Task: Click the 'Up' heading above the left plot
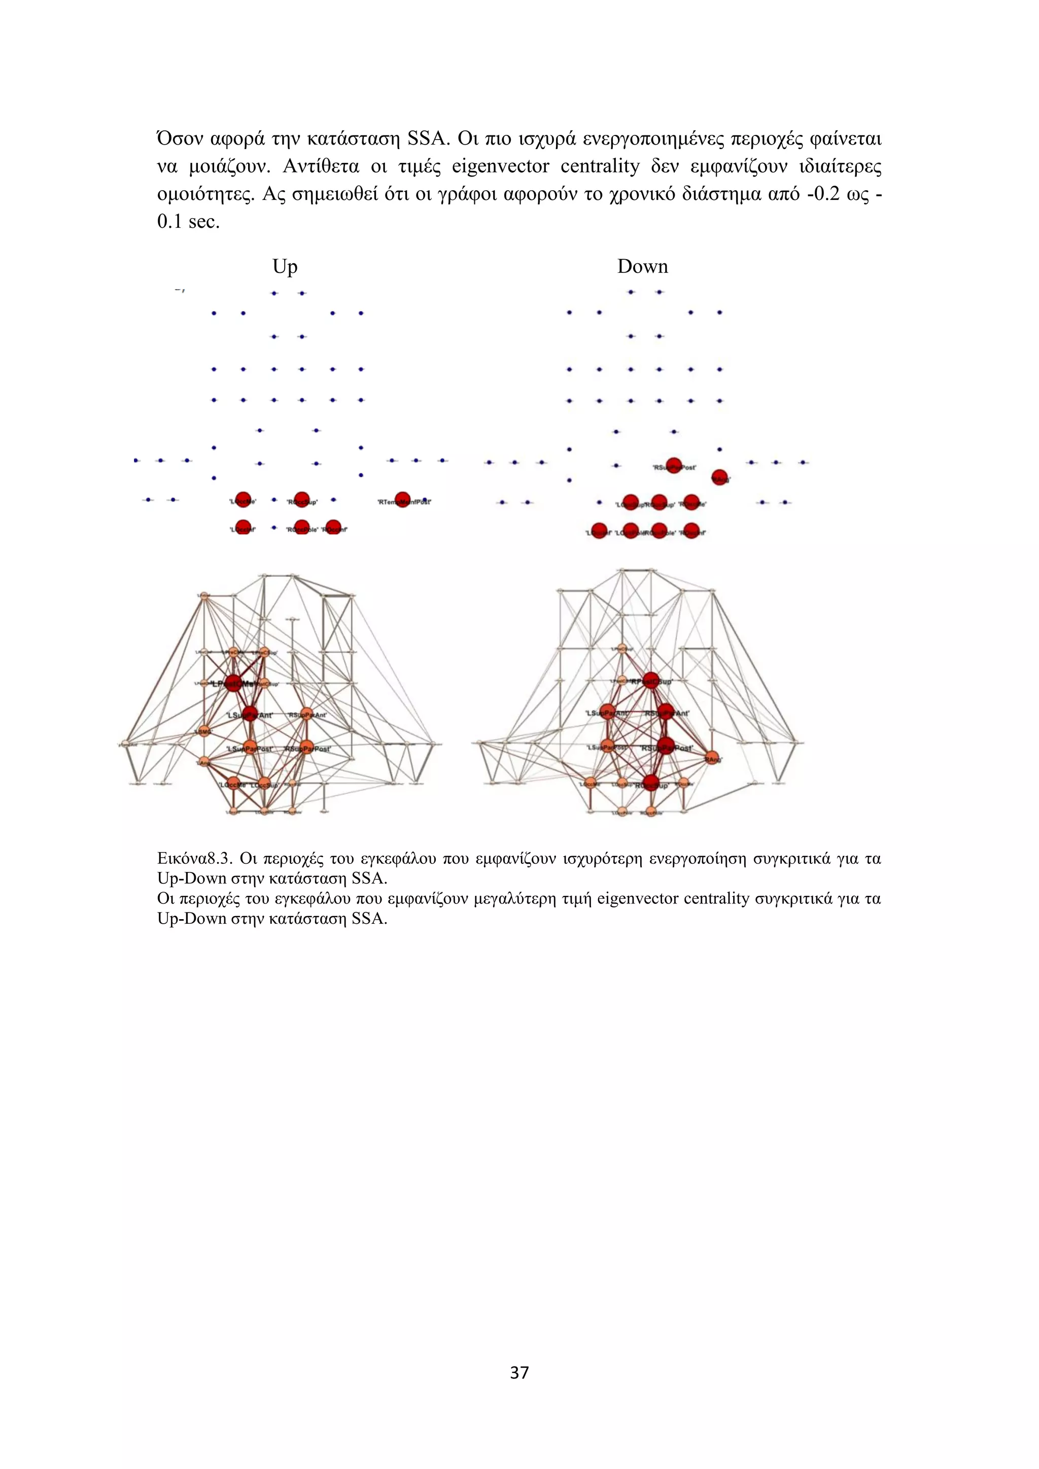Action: coord(285,266)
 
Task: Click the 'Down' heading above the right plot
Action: coord(642,266)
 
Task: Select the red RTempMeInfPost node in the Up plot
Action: coord(402,500)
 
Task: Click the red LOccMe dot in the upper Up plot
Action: coord(243,500)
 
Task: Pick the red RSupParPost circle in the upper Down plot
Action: coord(674,465)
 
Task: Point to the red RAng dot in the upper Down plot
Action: coord(720,477)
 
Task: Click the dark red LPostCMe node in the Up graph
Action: coord(233,683)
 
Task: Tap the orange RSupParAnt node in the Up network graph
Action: coord(306,714)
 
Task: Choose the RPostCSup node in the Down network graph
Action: coord(651,680)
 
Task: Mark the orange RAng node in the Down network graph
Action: coord(711,758)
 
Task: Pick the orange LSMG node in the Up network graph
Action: coord(203,730)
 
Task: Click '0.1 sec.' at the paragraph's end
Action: coord(188,222)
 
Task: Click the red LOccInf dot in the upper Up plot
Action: coord(243,527)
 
